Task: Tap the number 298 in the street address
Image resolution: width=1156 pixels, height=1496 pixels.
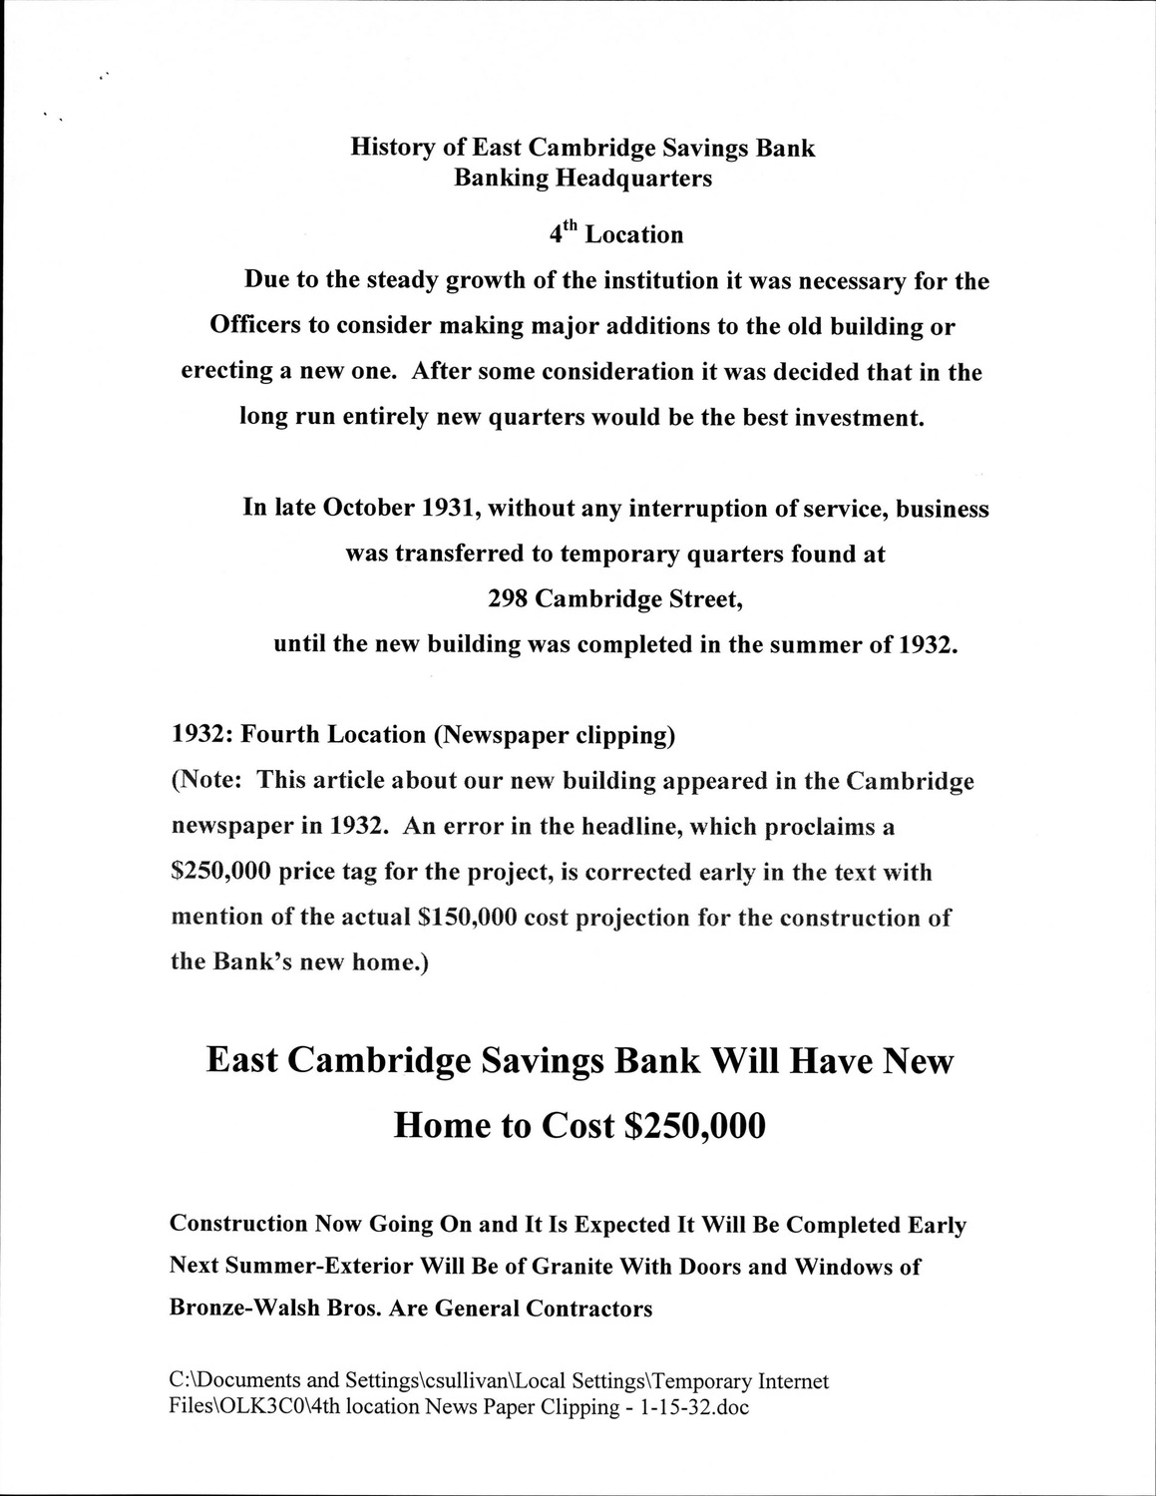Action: pyautogui.click(x=508, y=599)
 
